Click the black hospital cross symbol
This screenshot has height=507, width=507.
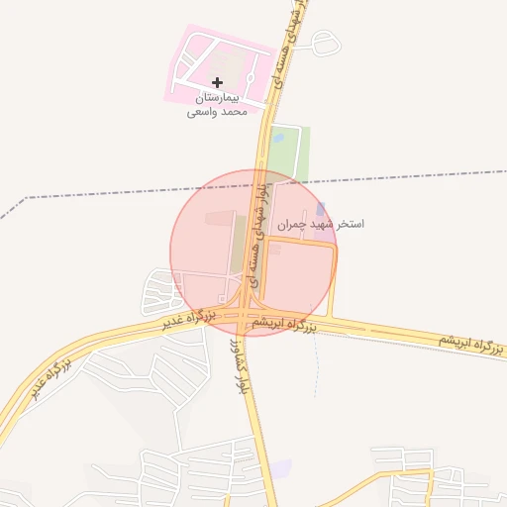click(218, 81)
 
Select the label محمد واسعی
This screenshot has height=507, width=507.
click(217, 113)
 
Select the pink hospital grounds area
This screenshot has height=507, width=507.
click(203, 59)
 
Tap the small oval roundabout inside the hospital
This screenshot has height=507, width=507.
click(250, 77)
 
